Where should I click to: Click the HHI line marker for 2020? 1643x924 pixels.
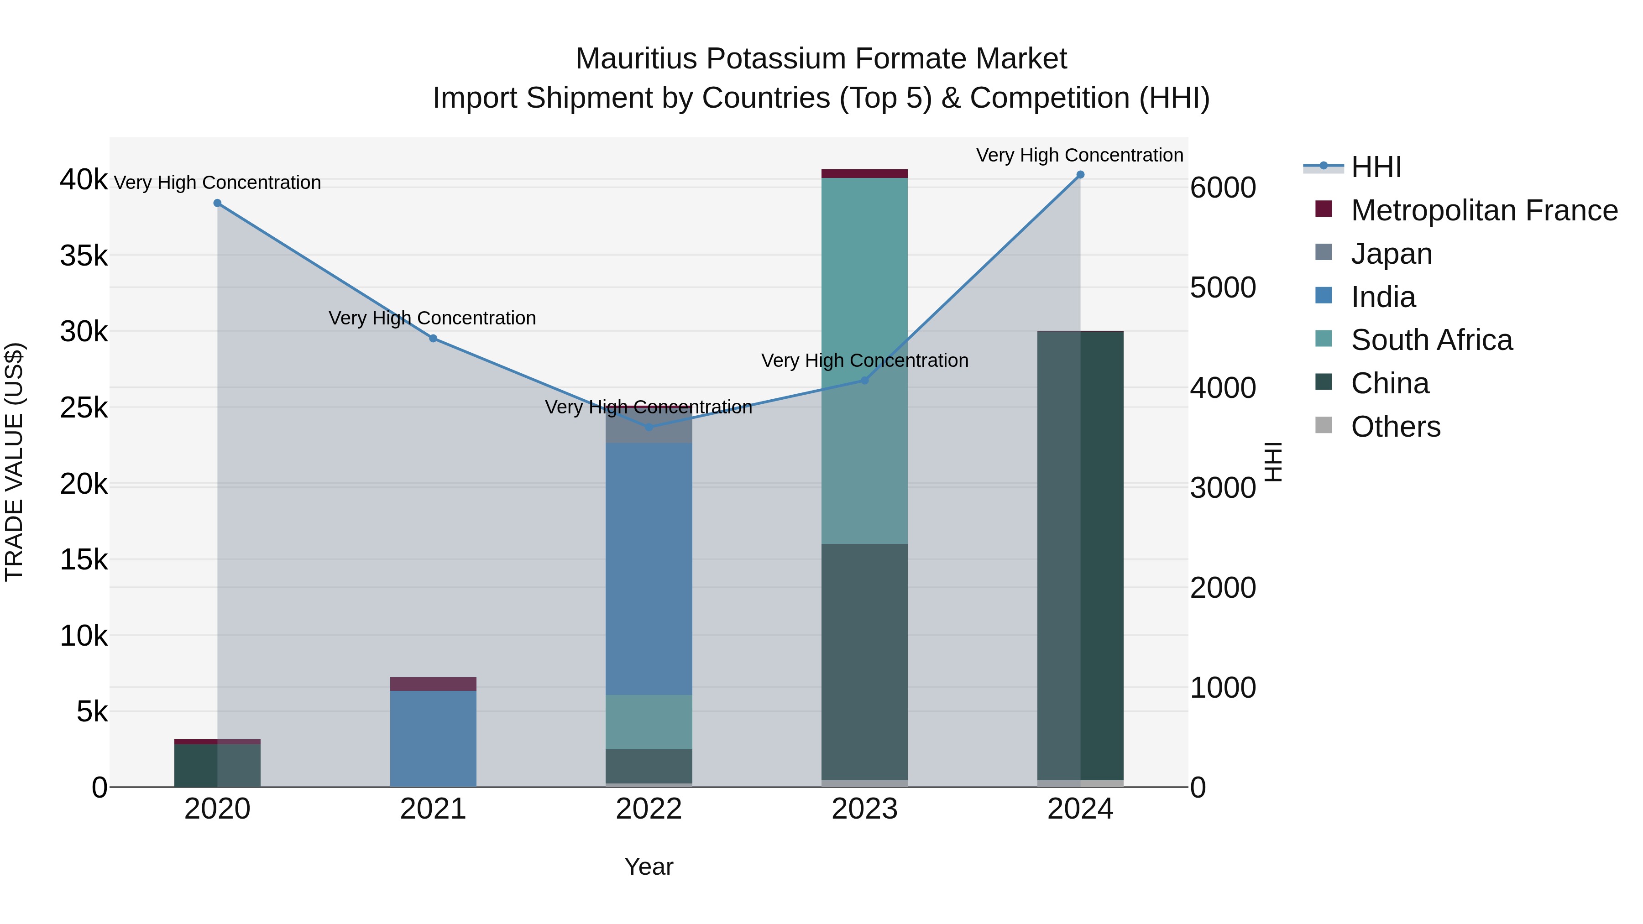click(218, 203)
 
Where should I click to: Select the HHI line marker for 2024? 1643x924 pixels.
click(1080, 175)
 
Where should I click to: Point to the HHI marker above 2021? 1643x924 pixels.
click(433, 339)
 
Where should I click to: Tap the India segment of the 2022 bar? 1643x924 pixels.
click(649, 568)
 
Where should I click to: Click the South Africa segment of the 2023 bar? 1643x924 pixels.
click(864, 360)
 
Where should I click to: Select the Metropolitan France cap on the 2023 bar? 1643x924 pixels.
click(864, 173)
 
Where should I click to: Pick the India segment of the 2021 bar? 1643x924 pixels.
click(433, 738)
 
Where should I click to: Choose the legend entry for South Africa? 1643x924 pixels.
click(1431, 340)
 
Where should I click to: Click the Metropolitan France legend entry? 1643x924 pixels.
click(1484, 210)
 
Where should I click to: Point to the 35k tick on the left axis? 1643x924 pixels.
click(84, 256)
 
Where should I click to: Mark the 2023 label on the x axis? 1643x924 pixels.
click(864, 809)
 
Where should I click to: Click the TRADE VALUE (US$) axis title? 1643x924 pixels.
click(14, 462)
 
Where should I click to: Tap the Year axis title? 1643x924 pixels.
click(649, 867)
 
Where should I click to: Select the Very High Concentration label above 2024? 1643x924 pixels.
click(1079, 155)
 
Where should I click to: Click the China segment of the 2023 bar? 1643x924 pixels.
click(864, 661)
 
